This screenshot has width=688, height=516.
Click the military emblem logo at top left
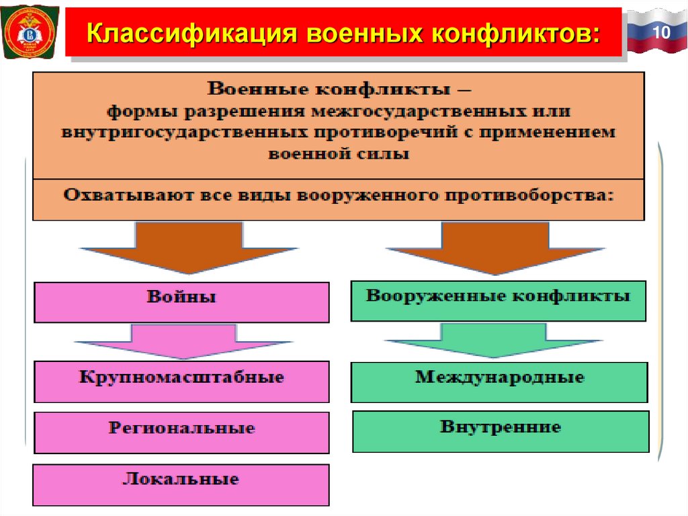30,34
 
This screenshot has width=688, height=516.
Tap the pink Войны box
181,302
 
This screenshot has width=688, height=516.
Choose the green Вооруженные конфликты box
498,301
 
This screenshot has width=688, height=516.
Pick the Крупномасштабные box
181,381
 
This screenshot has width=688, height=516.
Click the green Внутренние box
501,431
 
